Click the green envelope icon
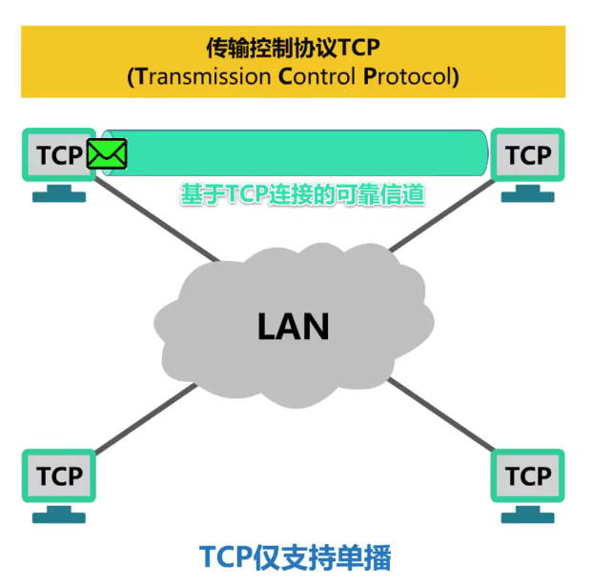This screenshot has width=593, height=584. click(x=107, y=153)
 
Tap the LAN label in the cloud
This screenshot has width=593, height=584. click(x=293, y=326)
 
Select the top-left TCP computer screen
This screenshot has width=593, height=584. click(x=57, y=155)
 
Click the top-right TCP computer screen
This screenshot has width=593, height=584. click(x=527, y=155)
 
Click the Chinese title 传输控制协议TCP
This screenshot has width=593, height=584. click(x=293, y=47)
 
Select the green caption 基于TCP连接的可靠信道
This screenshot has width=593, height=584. click(x=302, y=194)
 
